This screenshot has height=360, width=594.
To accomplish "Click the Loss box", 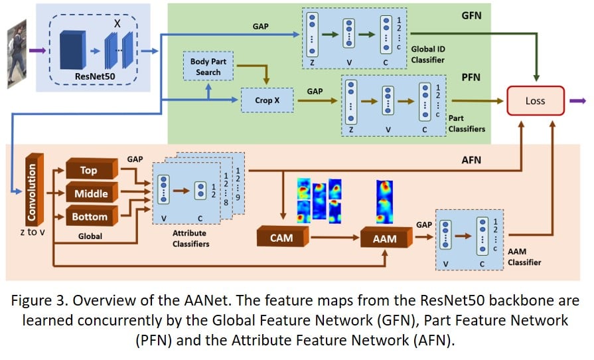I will click(536, 101).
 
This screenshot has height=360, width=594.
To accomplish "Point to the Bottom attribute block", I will click(89, 217).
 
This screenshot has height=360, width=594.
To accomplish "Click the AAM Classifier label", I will click(524, 258).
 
